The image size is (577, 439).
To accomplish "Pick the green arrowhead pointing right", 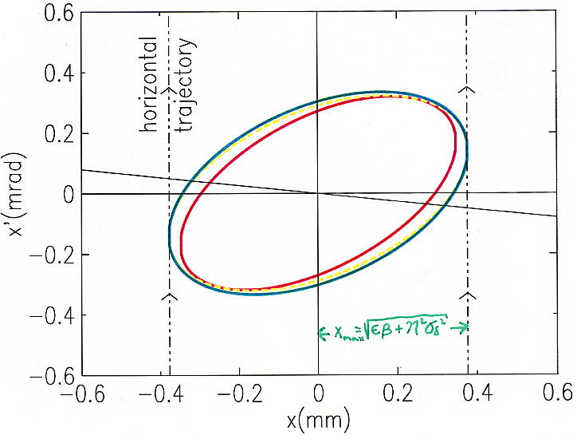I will click(465, 327).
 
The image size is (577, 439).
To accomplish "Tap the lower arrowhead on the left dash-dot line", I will click(169, 297).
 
